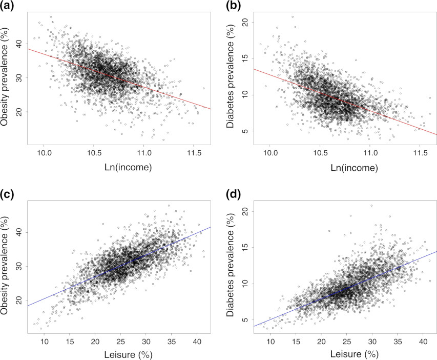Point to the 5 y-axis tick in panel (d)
(244, 319)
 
